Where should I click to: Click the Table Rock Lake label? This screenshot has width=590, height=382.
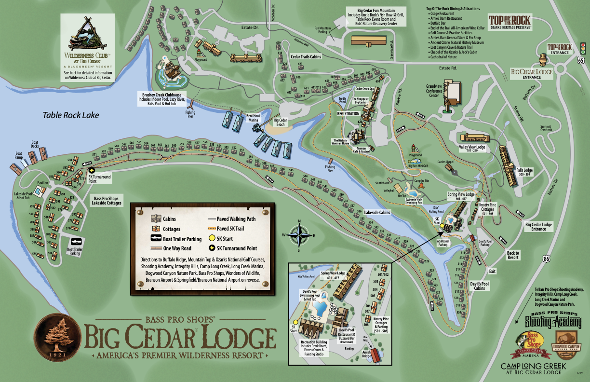(71, 115)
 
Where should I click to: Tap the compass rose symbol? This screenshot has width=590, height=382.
(299, 236)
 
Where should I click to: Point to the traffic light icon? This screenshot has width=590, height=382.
(582, 48)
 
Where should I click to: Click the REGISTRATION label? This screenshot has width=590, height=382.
(348, 114)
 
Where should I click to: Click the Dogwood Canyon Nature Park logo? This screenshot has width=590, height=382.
(569, 343)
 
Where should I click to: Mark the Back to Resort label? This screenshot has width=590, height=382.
(513, 255)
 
